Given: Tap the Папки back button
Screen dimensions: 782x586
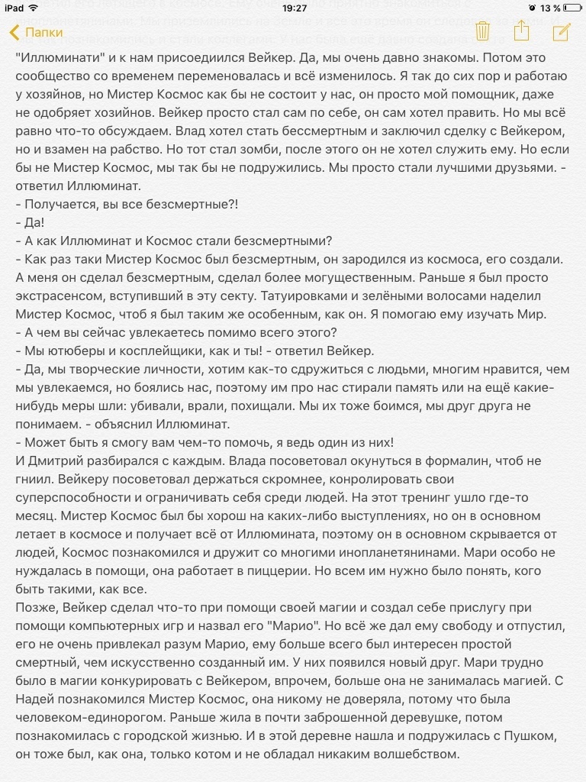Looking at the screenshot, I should click(x=37, y=33).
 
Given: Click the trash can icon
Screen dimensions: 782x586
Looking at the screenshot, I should click(x=482, y=31).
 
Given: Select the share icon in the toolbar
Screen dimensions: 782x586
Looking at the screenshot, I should click(x=522, y=31).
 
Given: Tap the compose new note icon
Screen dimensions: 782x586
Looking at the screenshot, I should click(x=562, y=31).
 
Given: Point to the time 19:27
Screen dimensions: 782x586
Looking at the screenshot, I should click(x=293, y=8).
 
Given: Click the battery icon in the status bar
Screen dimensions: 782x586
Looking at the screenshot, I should click(x=571, y=8).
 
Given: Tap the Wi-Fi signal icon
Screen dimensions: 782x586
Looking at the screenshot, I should click(x=34, y=8).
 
